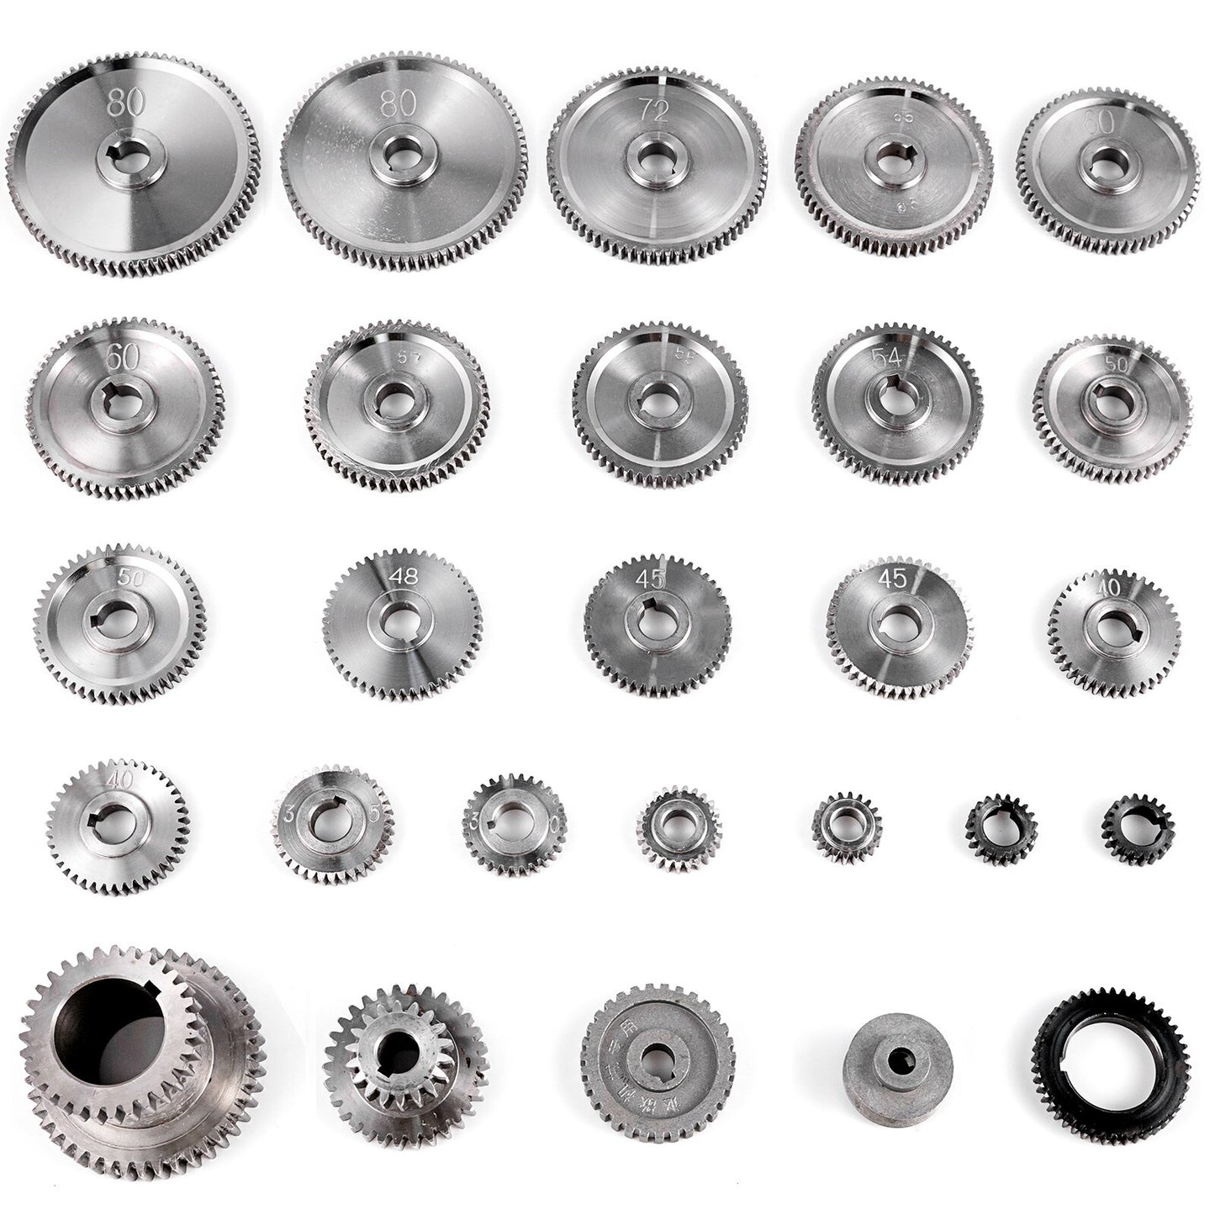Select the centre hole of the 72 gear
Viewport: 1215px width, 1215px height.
(x=656, y=161)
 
